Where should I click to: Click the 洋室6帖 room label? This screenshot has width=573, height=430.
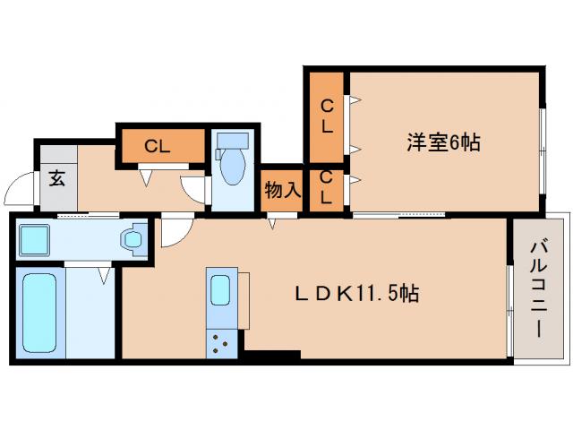(x=443, y=142)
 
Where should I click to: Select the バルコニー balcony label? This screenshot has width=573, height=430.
(x=537, y=288)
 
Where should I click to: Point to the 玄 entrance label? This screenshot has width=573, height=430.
(x=56, y=177)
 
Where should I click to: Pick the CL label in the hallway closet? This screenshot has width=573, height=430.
(x=158, y=147)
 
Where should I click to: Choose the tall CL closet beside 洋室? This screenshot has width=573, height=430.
(x=328, y=116)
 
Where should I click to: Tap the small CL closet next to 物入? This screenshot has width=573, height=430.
(x=327, y=189)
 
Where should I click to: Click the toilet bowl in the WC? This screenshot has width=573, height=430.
(x=233, y=168)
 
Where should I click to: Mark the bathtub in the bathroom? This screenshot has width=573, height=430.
(x=38, y=314)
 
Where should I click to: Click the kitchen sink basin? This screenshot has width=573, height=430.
(x=220, y=291)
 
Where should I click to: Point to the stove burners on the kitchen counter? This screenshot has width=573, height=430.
(x=220, y=341)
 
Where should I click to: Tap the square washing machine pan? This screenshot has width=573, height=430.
(x=38, y=239)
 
